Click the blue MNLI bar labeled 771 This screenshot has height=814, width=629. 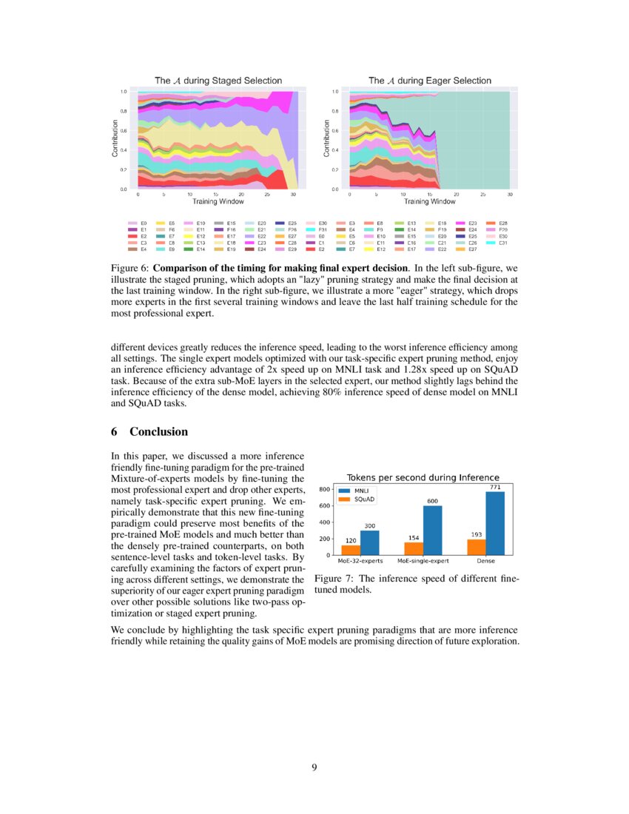(495, 524)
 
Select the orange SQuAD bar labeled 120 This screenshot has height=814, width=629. (350, 550)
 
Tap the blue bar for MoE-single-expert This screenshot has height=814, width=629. (432, 530)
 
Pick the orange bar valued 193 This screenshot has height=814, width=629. (477, 547)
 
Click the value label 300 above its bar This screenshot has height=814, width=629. (369, 525)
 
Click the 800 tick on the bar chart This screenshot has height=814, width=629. (324, 489)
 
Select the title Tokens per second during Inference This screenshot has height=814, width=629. (423, 477)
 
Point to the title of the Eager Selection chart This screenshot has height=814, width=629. (429, 80)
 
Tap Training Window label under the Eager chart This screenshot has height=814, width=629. (429, 201)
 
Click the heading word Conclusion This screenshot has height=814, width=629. (158, 431)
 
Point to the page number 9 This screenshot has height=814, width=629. (314, 767)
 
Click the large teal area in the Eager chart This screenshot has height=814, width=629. (474, 141)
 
